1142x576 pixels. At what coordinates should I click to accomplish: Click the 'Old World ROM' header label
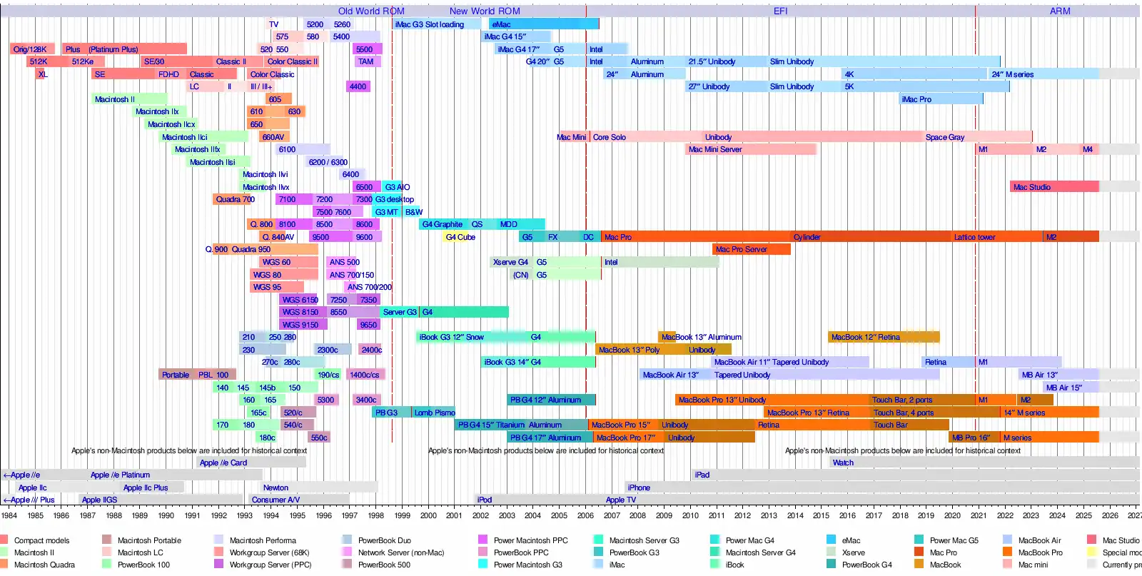[371, 11]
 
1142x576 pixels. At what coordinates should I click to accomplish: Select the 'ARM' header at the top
[1059, 11]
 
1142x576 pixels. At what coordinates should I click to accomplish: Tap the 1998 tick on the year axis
[375, 515]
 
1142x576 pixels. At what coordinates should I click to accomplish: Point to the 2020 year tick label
[952, 515]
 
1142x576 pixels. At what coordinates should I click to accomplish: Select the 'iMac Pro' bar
[941, 99]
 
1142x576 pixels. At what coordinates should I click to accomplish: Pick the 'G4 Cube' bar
[460, 237]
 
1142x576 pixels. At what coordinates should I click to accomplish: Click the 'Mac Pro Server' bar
[751, 249]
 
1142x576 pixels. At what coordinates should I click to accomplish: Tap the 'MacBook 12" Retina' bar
[883, 337]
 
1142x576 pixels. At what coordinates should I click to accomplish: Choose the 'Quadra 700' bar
[235, 199]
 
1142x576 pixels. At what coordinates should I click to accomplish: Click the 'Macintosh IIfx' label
[198, 149]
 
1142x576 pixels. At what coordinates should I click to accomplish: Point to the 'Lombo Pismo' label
[435, 413]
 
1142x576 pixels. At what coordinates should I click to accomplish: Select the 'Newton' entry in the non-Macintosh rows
[276, 487]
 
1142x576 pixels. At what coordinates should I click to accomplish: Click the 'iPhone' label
[639, 487]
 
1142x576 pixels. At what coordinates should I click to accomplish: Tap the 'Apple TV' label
[620, 500]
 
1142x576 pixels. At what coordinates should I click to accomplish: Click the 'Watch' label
[843, 463]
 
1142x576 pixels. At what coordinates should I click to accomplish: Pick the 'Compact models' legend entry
[41, 540]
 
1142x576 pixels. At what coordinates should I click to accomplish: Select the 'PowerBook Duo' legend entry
[384, 540]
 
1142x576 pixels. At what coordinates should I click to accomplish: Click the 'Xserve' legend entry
[853, 552]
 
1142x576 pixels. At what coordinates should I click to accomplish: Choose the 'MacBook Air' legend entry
[1039, 540]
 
